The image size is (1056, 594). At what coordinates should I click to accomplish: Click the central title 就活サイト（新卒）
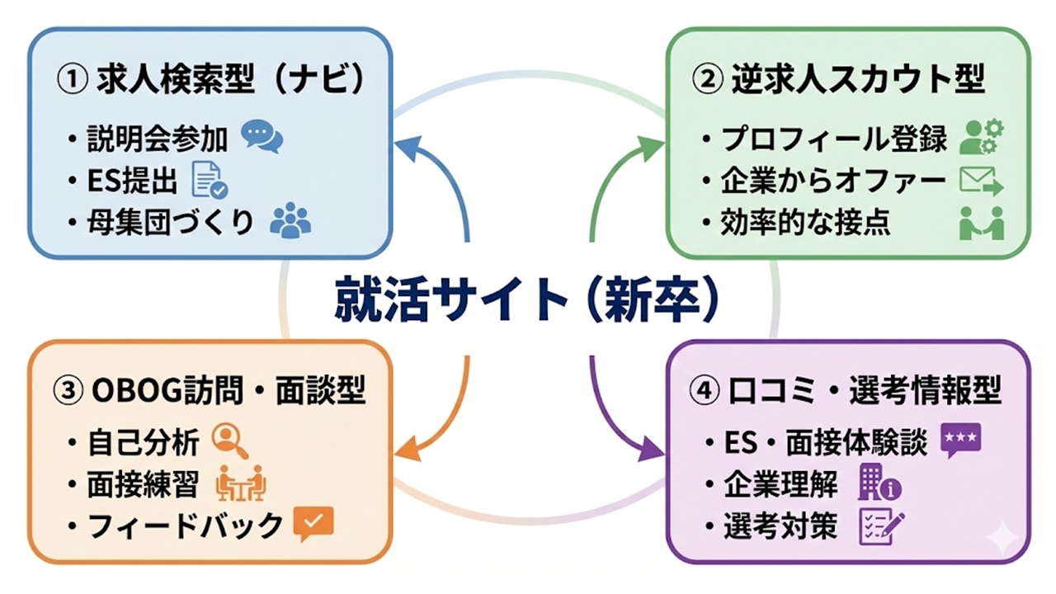[528, 300]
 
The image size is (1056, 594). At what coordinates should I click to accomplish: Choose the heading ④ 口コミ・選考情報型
[845, 391]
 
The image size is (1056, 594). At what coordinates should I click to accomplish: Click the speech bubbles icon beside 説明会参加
[262, 137]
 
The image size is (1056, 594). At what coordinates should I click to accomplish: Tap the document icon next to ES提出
[209, 180]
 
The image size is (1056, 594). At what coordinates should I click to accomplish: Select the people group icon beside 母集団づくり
[290, 220]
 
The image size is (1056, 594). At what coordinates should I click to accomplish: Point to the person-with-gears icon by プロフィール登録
[982, 137]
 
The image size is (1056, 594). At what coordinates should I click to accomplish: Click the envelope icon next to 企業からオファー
[981, 180]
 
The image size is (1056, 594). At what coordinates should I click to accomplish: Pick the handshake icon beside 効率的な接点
[981, 223]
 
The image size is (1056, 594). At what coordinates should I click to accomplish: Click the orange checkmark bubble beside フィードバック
[313, 523]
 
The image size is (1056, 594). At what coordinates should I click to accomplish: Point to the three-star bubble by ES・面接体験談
[960, 441]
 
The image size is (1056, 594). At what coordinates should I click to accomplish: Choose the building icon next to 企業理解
[879, 483]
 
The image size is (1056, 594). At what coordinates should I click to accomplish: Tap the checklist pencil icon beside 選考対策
[880, 526]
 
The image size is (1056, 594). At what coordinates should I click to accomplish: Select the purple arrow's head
[652, 452]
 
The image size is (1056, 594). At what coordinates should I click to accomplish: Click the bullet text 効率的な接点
[805, 224]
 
